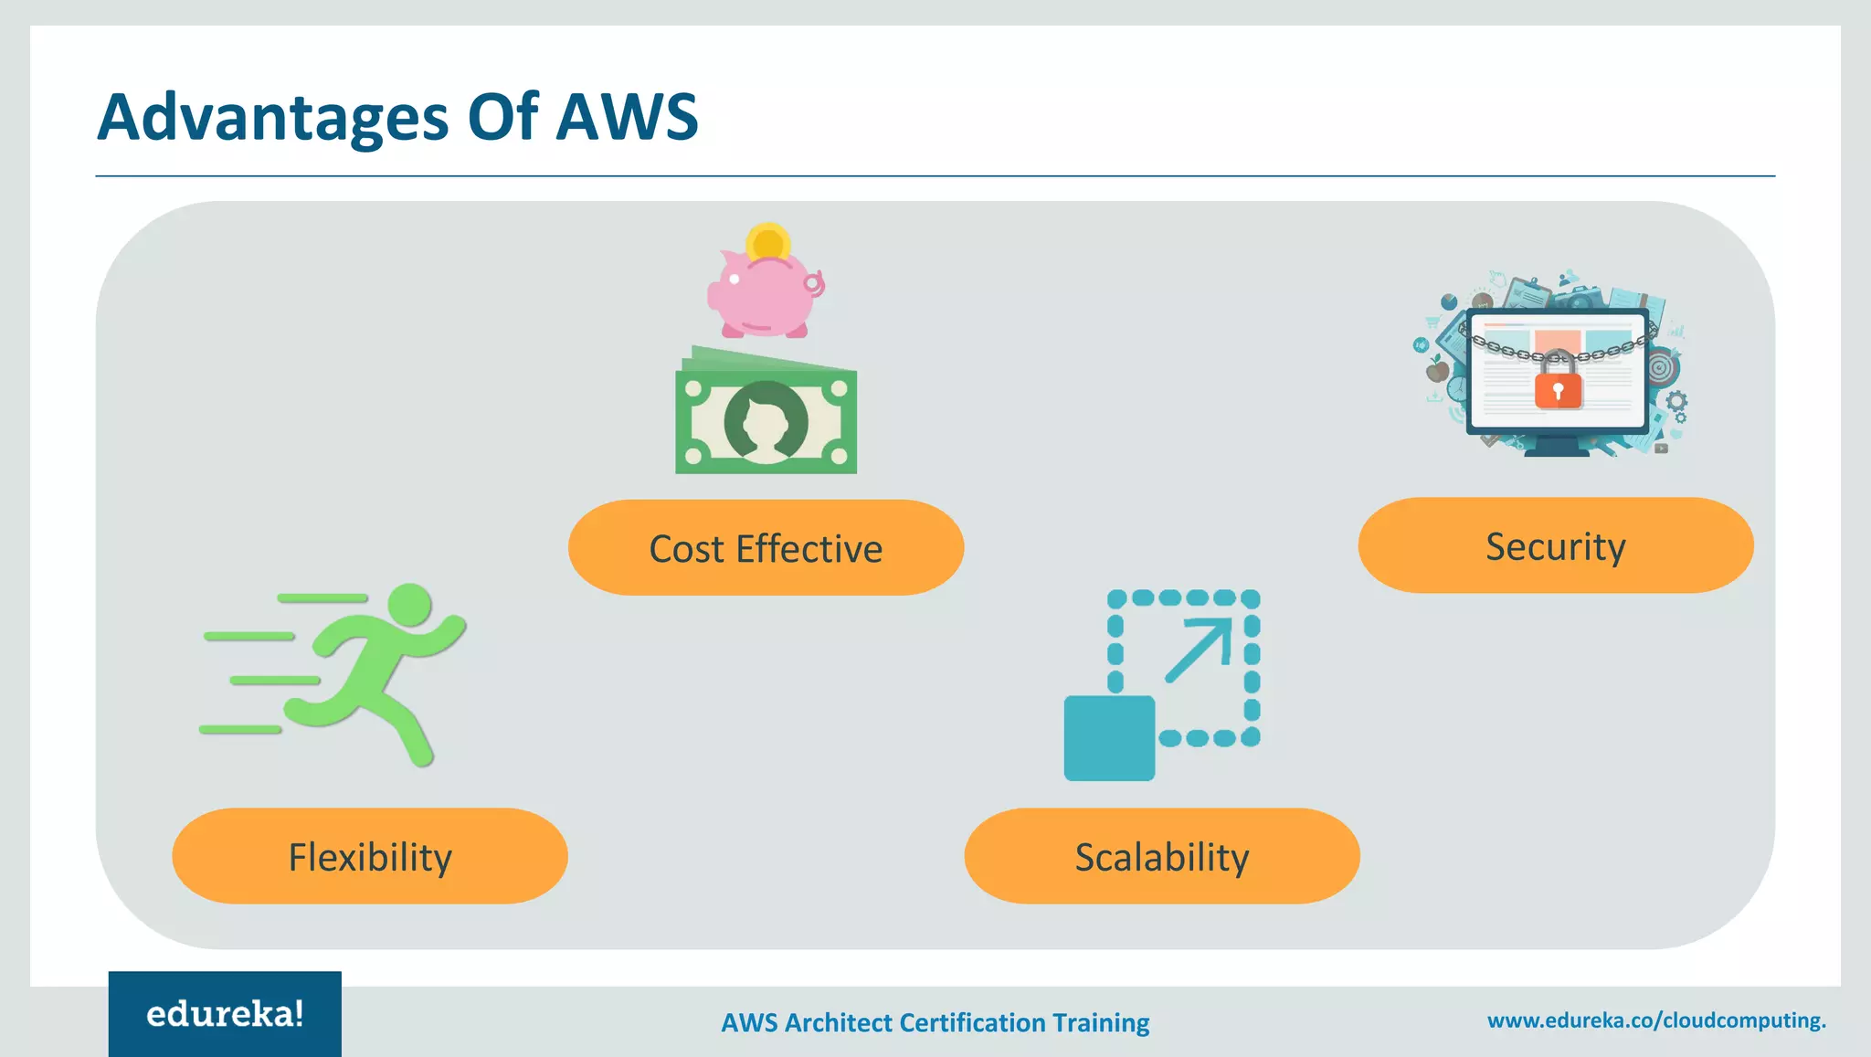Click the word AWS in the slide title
coord(627,117)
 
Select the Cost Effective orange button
coord(766,548)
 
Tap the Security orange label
coord(1555,545)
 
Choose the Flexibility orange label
coord(370,856)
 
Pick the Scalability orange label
coord(1161,856)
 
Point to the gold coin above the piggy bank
coord(768,242)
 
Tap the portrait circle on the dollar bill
coord(766,421)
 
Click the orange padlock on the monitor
coord(1558,388)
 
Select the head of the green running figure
coord(409,605)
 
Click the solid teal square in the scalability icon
coord(1109,738)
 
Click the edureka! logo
coord(225,1014)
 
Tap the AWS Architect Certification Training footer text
coord(935,1022)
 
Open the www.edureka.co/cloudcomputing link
coord(1655,1020)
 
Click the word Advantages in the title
coord(272,117)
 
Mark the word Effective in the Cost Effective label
coord(809,549)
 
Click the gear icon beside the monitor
coord(1676,402)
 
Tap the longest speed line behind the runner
coord(322,598)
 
